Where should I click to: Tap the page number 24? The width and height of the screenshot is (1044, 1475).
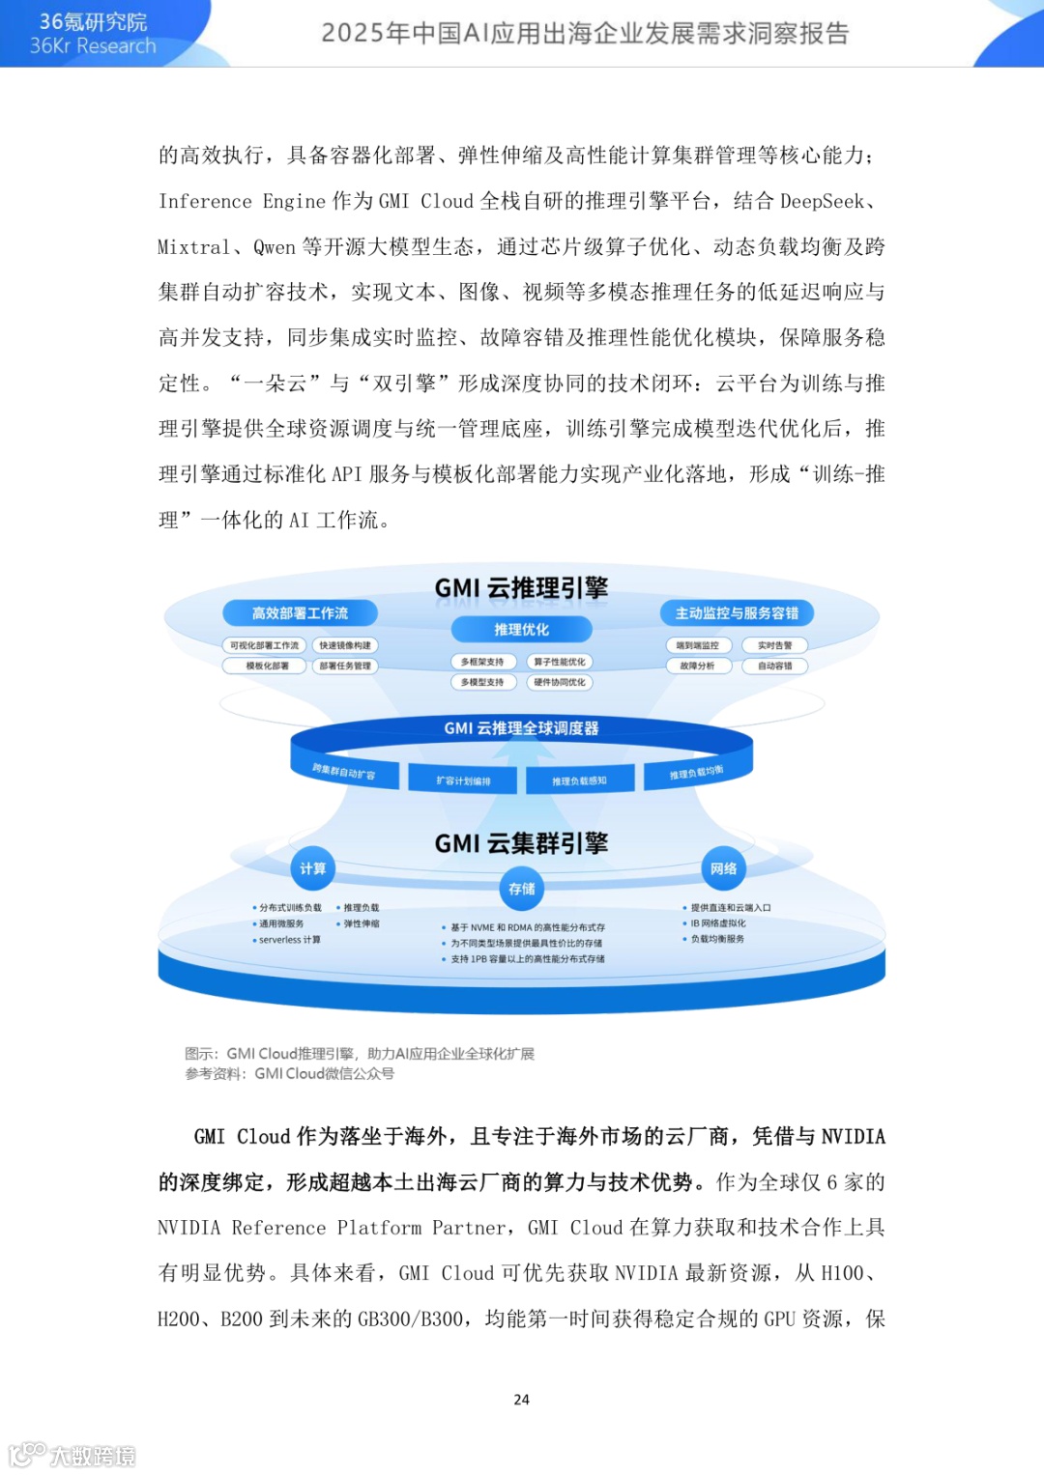521,1400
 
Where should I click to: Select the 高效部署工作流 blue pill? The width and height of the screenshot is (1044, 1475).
300,613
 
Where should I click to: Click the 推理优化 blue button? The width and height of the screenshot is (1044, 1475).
521,630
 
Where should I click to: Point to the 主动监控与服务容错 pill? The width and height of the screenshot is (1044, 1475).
737,613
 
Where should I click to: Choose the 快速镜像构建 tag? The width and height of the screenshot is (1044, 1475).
345,645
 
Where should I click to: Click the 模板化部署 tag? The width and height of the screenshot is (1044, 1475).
267,666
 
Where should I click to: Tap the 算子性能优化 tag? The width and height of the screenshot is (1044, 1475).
559,662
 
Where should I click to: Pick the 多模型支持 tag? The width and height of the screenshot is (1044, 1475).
482,682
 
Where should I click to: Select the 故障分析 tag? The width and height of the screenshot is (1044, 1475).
697,666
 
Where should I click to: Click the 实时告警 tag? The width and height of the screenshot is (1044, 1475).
774,645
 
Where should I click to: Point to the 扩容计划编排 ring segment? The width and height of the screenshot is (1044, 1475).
463,780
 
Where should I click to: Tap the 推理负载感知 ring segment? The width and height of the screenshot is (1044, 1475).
579,780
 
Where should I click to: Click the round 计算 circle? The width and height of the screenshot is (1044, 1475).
312,868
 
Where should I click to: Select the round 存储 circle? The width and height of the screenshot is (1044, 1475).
521,889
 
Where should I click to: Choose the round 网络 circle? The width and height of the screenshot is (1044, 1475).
723,868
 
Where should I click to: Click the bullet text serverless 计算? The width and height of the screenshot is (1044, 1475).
289,940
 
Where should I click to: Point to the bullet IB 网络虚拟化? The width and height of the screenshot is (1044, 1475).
717,923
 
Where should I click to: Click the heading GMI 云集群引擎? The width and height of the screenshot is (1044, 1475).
521,843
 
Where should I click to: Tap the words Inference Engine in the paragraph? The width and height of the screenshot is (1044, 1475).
242,201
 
